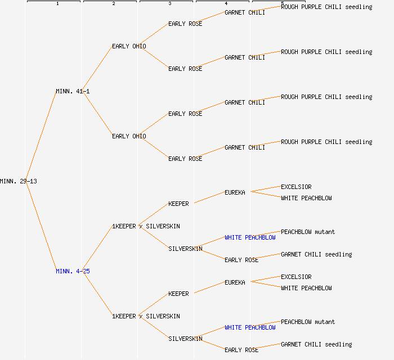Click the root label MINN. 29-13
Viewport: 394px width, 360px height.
(x=19, y=181)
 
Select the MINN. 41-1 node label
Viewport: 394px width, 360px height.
(x=73, y=91)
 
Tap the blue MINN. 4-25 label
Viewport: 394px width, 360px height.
(x=73, y=271)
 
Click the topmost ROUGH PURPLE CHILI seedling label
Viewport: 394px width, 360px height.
(x=326, y=7)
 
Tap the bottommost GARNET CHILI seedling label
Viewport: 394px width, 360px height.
(x=316, y=344)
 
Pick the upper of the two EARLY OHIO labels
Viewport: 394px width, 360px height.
(x=129, y=46)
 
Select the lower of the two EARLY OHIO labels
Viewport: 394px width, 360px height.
(x=129, y=136)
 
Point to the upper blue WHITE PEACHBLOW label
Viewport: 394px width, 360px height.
(x=250, y=237)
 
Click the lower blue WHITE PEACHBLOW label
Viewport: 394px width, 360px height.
(x=250, y=327)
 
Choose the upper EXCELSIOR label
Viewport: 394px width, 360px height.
(x=296, y=187)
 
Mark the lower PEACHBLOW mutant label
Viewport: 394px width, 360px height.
(x=308, y=322)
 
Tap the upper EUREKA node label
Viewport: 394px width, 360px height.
(x=235, y=192)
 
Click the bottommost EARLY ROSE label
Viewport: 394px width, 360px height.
(x=241, y=350)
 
